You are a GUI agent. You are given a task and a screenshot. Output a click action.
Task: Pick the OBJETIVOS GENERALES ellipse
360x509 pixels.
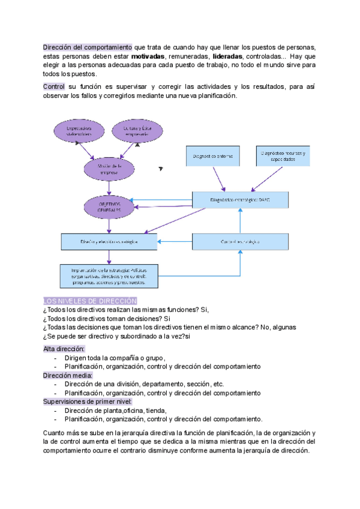[x=109, y=206]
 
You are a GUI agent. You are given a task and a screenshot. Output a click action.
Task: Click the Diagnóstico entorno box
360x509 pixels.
[x=212, y=156]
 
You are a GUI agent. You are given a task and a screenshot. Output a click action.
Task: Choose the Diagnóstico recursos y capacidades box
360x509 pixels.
[x=283, y=156]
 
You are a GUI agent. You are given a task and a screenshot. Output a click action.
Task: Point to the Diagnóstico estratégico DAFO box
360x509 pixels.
[x=240, y=199]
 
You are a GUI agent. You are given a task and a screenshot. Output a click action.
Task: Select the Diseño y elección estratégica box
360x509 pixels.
[x=109, y=241]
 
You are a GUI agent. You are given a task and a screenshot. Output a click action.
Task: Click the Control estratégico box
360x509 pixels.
[x=240, y=241]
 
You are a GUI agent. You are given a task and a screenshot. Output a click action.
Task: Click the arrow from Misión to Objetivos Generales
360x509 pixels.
[x=109, y=187]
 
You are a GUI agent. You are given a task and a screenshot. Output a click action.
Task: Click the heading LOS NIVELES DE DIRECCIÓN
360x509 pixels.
[x=90, y=301]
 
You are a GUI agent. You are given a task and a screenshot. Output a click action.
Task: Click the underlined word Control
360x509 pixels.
[x=54, y=86]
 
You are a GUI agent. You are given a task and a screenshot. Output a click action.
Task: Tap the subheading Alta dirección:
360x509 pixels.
[x=64, y=349]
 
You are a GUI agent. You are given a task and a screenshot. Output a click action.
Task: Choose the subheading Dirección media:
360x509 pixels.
[x=67, y=375]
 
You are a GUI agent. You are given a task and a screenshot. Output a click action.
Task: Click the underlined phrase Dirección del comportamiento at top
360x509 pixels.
[x=88, y=47]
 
